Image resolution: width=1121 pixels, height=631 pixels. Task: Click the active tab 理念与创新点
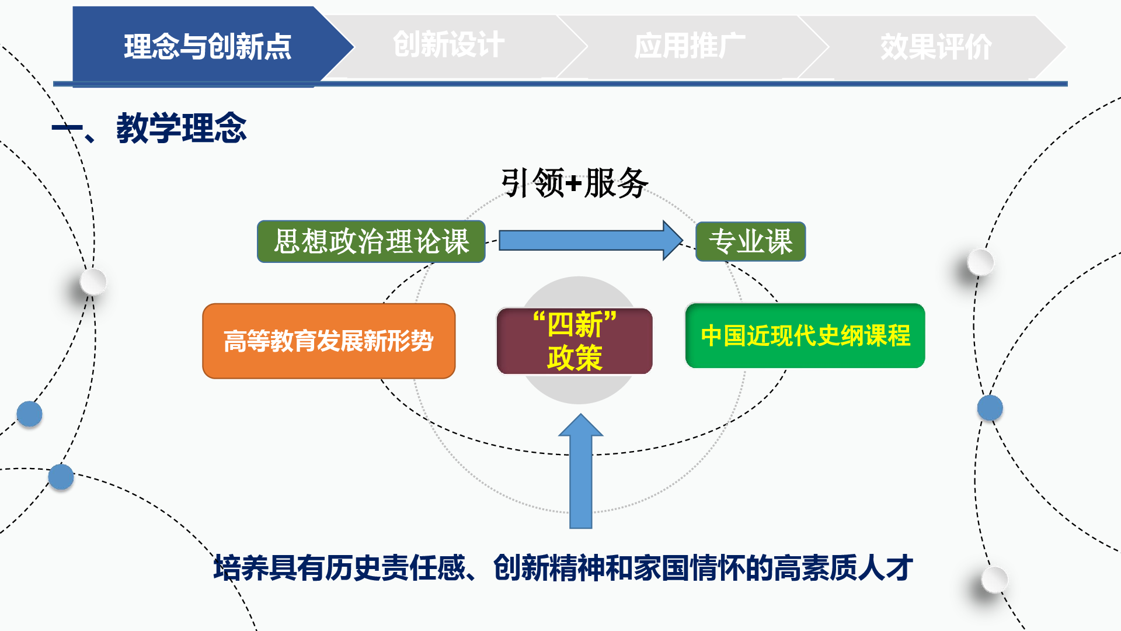207,46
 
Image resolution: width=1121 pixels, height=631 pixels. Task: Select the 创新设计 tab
448,46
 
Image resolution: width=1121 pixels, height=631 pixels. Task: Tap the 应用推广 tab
690,46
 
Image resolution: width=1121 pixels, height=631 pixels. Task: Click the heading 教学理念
182,128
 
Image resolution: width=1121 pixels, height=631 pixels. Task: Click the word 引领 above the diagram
532,183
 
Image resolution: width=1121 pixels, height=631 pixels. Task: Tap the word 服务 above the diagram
616,183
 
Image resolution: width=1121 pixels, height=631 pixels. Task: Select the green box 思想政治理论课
371,241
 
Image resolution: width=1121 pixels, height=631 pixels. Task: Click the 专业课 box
751,241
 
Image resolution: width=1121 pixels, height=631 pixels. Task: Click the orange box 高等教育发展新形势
329,341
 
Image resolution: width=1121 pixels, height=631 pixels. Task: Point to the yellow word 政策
575,358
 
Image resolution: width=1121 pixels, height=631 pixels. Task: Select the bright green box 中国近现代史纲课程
805,335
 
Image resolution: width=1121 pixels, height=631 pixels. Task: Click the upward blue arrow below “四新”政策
581,471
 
